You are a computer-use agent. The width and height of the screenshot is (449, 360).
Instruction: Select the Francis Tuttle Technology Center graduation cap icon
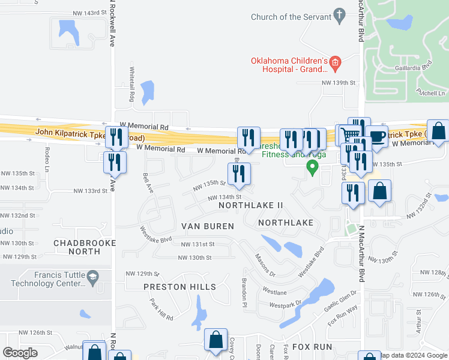click(x=92, y=276)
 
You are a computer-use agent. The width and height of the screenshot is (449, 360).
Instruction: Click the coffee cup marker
click(x=376, y=137)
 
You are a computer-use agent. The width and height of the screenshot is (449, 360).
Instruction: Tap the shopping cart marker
click(x=351, y=136)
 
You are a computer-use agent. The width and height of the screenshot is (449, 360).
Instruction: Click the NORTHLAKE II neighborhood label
click(x=250, y=205)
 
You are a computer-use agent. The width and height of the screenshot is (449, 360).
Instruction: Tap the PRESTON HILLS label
click(x=179, y=287)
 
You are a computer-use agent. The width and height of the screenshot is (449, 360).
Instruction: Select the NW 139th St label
click(x=339, y=83)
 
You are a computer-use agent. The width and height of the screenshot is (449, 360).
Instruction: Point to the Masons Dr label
click(x=265, y=265)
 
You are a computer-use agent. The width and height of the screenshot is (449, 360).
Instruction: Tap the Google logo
click(x=20, y=353)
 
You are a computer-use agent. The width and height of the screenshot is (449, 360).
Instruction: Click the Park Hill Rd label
click(x=161, y=309)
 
